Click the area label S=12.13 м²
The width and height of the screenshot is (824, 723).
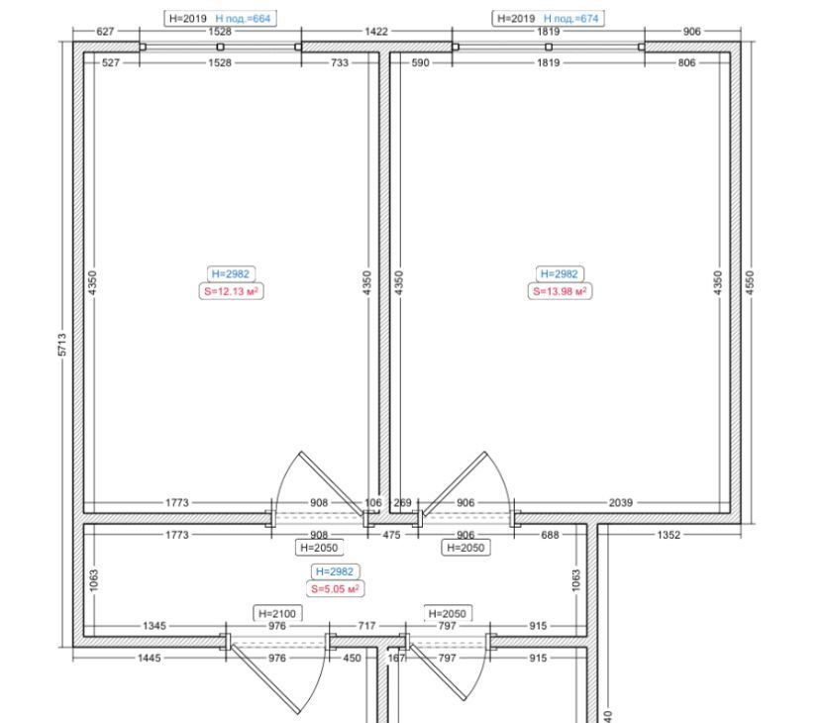(231, 291)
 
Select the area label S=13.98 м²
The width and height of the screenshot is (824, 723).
(560, 291)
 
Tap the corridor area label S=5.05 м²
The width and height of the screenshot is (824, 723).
(336, 589)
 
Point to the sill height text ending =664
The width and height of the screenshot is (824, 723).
(243, 19)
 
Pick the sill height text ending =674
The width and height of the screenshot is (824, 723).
(571, 19)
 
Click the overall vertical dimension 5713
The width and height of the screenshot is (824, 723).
(62, 345)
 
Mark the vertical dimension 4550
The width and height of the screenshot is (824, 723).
(750, 282)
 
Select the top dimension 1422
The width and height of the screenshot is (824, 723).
(376, 32)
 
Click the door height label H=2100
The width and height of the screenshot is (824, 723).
(277, 614)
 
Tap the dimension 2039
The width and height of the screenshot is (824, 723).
(621, 503)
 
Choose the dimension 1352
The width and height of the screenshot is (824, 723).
(669, 535)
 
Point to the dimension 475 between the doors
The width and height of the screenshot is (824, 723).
(391, 535)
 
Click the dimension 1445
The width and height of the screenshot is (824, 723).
(150, 658)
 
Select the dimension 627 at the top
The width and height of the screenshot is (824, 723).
(105, 32)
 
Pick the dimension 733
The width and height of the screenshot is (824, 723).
(340, 63)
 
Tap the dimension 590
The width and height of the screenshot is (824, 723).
(420, 63)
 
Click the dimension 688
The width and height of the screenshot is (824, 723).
(551, 535)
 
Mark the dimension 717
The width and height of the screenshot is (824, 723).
(366, 626)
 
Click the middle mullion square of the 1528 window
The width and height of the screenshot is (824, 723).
(220, 48)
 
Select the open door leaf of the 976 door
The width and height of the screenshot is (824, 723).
(265, 679)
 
